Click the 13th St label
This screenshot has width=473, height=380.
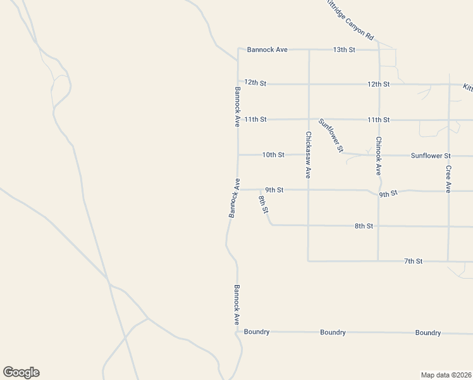(344, 49)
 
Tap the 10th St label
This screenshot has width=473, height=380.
(273, 155)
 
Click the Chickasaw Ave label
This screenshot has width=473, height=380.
(308, 155)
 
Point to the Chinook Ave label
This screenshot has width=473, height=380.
(378, 155)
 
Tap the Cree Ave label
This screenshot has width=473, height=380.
(448, 179)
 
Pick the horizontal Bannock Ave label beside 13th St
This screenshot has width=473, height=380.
(267, 49)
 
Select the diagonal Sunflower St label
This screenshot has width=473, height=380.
(331, 136)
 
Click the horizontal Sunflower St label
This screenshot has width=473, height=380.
(430, 155)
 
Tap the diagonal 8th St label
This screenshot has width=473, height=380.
(264, 204)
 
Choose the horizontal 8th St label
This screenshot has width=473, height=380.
(364, 225)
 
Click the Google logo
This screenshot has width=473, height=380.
(21, 372)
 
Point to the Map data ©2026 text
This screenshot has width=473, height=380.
(446, 374)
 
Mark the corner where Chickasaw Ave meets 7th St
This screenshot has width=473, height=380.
(308, 260)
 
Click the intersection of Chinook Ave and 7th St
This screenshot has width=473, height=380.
(378, 260)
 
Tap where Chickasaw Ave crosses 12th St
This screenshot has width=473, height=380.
(309, 84)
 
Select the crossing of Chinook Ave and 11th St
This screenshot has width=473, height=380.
(378, 119)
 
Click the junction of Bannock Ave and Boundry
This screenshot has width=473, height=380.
(236, 331)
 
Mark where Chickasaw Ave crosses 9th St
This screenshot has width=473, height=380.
(308, 189)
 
